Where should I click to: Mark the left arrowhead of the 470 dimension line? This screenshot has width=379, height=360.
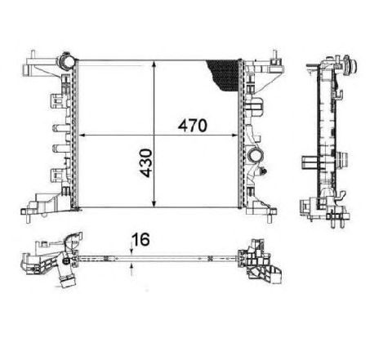point(78,136)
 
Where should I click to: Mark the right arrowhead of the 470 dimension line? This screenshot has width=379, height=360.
point(236,136)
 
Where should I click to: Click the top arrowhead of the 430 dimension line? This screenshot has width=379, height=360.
point(155,63)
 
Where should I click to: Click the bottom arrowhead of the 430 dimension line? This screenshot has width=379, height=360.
point(155,205)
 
